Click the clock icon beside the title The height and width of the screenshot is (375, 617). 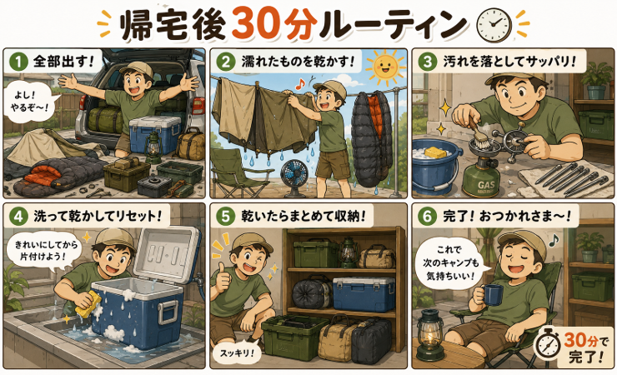coord(494,25)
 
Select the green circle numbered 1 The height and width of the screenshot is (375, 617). coord(18,62)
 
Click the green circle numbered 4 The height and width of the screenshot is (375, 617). coord(18,216)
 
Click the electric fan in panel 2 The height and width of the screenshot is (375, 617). coord(295,176)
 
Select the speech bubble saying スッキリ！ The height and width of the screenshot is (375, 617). coord(234,352)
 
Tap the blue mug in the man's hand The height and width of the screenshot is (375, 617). coord(493,295)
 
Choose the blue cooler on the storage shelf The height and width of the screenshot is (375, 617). coord(364,294)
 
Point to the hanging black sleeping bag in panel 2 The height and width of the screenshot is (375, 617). coord(372,137)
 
